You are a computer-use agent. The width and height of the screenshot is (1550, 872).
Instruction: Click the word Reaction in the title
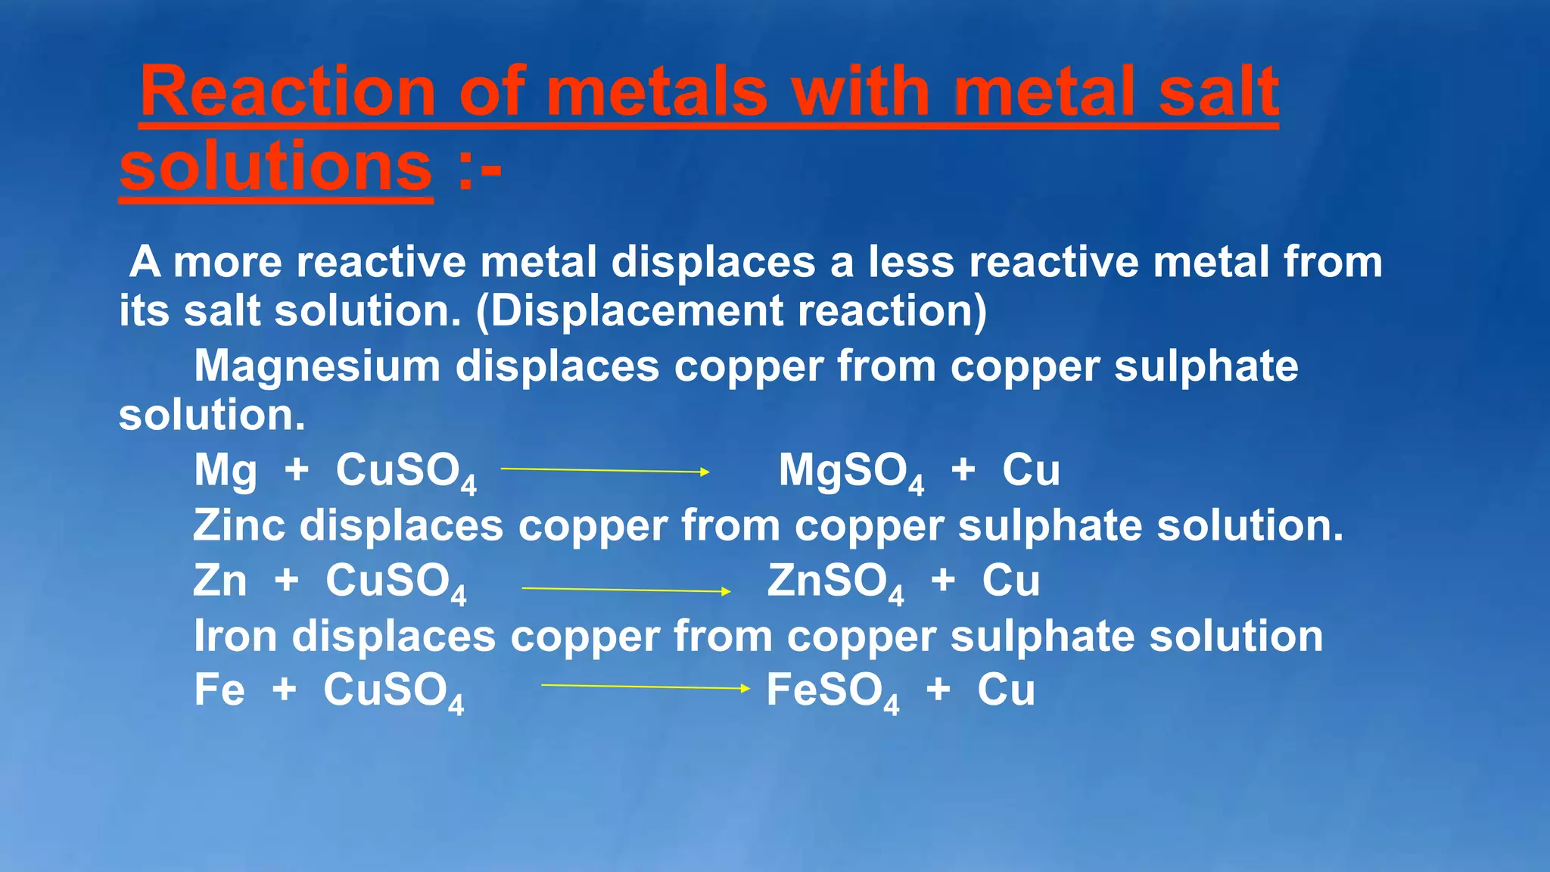[288, 92]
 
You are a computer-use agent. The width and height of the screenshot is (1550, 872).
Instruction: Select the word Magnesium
[317, 366]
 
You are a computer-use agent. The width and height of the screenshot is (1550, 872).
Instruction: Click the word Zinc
[239, 525]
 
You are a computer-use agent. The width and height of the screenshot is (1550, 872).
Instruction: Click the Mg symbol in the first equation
[226, 471]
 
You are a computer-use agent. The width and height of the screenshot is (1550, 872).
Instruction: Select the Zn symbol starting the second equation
[220, 581]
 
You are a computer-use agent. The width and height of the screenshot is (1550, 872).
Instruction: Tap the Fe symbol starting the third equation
[219, 690]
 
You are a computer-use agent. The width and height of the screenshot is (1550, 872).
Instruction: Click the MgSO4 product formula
[851, 472]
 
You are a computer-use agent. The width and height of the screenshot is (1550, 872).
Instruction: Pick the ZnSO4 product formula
[835, 583]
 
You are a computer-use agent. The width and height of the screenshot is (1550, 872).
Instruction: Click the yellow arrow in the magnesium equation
[605, 471]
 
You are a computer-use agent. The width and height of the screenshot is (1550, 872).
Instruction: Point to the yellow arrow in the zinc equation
[626, 590]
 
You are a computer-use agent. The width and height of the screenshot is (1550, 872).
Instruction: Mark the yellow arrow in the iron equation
[645, 687]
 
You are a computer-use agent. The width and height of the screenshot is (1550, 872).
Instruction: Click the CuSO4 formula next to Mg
[406, 472]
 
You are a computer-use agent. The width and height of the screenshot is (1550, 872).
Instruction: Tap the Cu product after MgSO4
[1031, 471]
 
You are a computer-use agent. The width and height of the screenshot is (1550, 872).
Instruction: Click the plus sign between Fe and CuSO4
[285, 690]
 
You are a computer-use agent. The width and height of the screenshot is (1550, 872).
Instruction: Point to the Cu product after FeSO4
[1006, 690]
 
